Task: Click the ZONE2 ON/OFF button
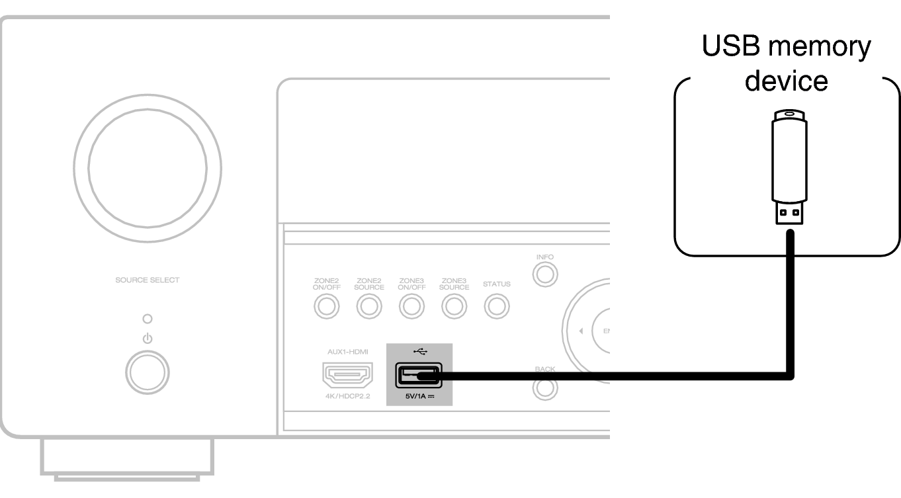point(326,306)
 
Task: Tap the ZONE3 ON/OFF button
point(411,306)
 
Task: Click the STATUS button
point(496,306)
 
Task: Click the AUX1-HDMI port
point(347,376)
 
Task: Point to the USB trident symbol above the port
point(419,351)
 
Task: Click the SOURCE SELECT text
point(147,280)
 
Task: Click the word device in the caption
point(786,81)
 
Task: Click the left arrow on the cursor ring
point(580,331)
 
